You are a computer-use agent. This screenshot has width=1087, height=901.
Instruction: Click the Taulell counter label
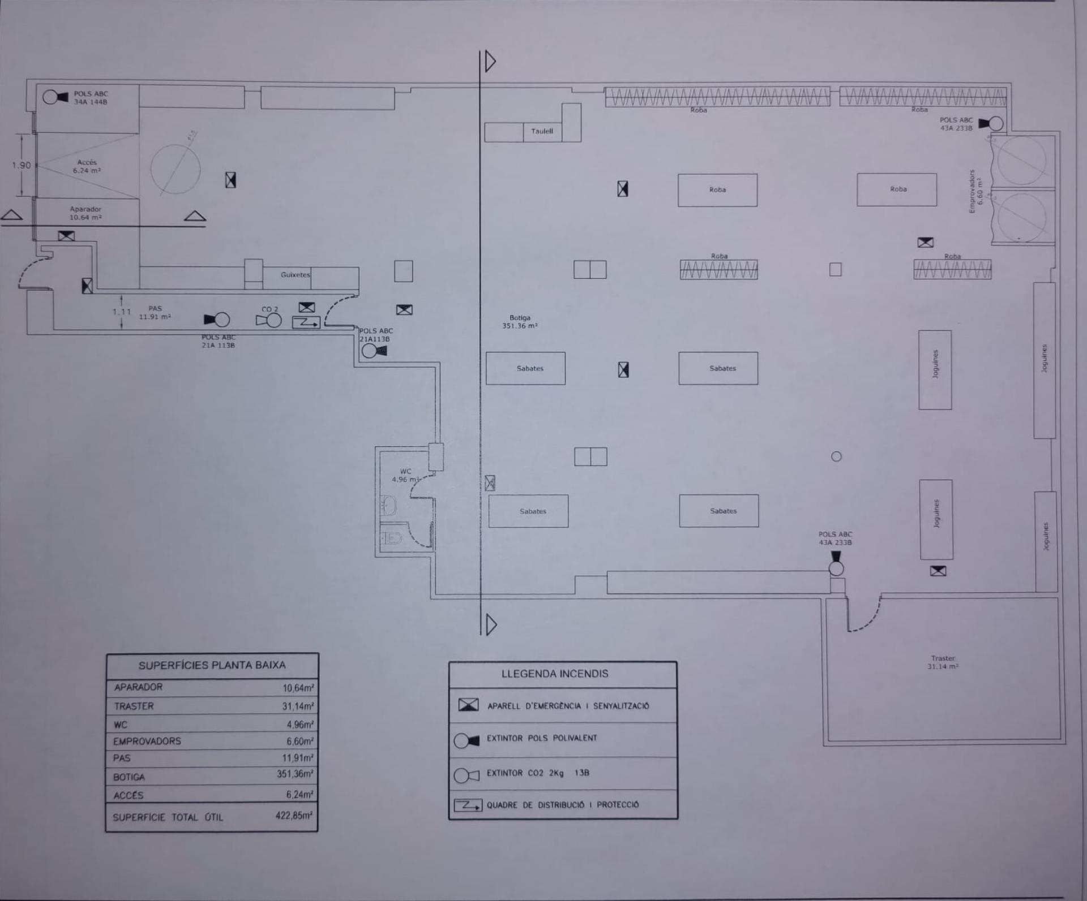(x=542, y=131)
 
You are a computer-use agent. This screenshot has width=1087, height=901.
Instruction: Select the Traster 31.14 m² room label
(x=943, y=662)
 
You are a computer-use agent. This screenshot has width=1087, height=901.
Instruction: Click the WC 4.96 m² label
(x=405, y=475)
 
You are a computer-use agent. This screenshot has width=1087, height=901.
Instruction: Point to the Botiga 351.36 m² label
(x=520, y=322)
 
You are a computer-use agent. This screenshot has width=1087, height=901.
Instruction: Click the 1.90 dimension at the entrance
(x=22, y=166)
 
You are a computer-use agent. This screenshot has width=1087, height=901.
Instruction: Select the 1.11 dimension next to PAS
(x=121, y=312)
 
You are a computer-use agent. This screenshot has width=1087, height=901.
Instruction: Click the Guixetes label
(x=295, y=275)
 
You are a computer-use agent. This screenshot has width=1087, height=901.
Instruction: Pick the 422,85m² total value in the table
(x=293, y=816)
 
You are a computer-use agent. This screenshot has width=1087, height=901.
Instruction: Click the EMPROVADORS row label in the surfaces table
(x=147, y=741)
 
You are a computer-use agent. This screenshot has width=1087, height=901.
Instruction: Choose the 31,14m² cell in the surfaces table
(x=298, y=706)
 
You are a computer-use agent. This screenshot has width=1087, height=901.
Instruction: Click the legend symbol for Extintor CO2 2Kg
(x=467, y=775)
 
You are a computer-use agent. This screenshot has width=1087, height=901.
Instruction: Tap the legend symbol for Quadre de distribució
(x=468, y=805)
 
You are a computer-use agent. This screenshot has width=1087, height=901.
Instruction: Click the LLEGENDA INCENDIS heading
(x=555, y=674)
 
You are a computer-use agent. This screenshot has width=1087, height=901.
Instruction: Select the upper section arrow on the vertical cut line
(x=490, y=61)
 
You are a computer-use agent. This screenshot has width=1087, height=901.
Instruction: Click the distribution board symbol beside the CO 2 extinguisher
(x=306, y=322)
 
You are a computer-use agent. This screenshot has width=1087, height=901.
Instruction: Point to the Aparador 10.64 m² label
(x=85, y=213)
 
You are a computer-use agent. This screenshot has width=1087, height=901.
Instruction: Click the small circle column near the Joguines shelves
(x=836, y=456)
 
